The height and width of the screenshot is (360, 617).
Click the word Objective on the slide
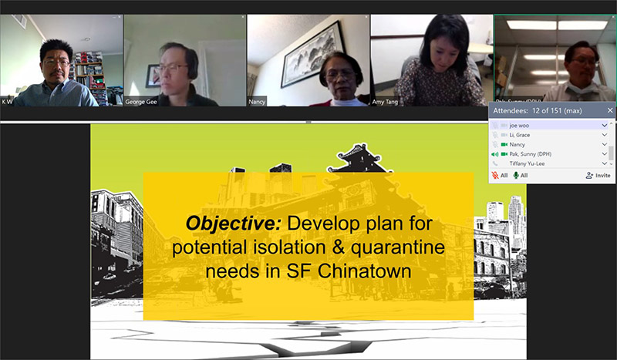234,224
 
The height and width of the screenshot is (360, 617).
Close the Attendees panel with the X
610,110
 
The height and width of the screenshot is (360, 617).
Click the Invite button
598,176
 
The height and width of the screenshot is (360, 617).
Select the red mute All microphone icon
495,176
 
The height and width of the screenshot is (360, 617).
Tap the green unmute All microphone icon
516,176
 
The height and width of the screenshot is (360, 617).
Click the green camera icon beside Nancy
504,145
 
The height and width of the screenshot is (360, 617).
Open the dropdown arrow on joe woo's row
605,125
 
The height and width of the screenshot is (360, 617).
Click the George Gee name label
141,101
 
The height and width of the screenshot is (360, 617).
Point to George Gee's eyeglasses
173,67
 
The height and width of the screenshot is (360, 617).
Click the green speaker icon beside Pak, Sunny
495,154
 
